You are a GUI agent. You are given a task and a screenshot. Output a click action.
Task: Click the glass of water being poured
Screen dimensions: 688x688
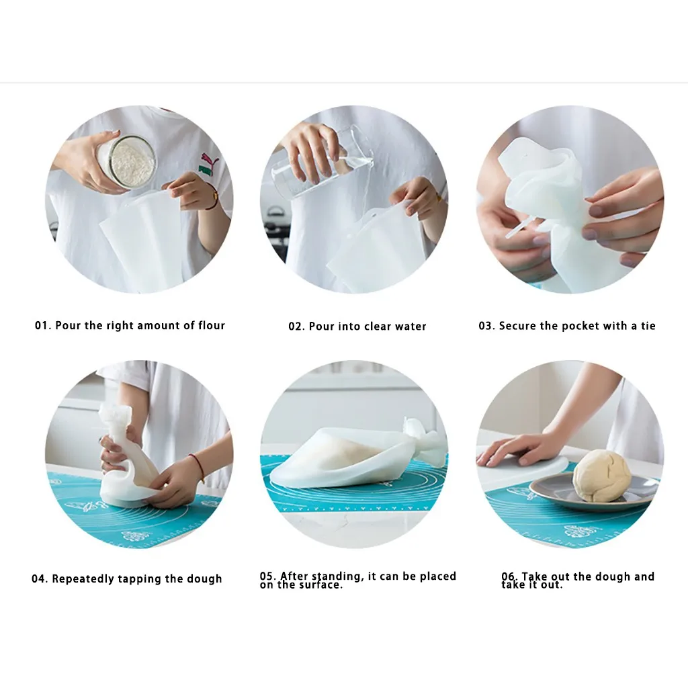(x=322, y=167)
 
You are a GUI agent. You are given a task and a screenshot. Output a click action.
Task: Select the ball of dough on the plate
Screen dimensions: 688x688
(x=601, y=475)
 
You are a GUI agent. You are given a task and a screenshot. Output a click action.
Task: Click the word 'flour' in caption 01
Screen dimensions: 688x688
(x=212, y=326)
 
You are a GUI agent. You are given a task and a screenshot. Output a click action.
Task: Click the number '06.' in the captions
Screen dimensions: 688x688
(x=509, y=576)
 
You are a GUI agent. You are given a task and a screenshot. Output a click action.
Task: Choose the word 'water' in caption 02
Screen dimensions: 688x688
(x=410, y=327)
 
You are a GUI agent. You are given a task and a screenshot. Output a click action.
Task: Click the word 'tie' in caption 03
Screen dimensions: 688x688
(x=647, y=326)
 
